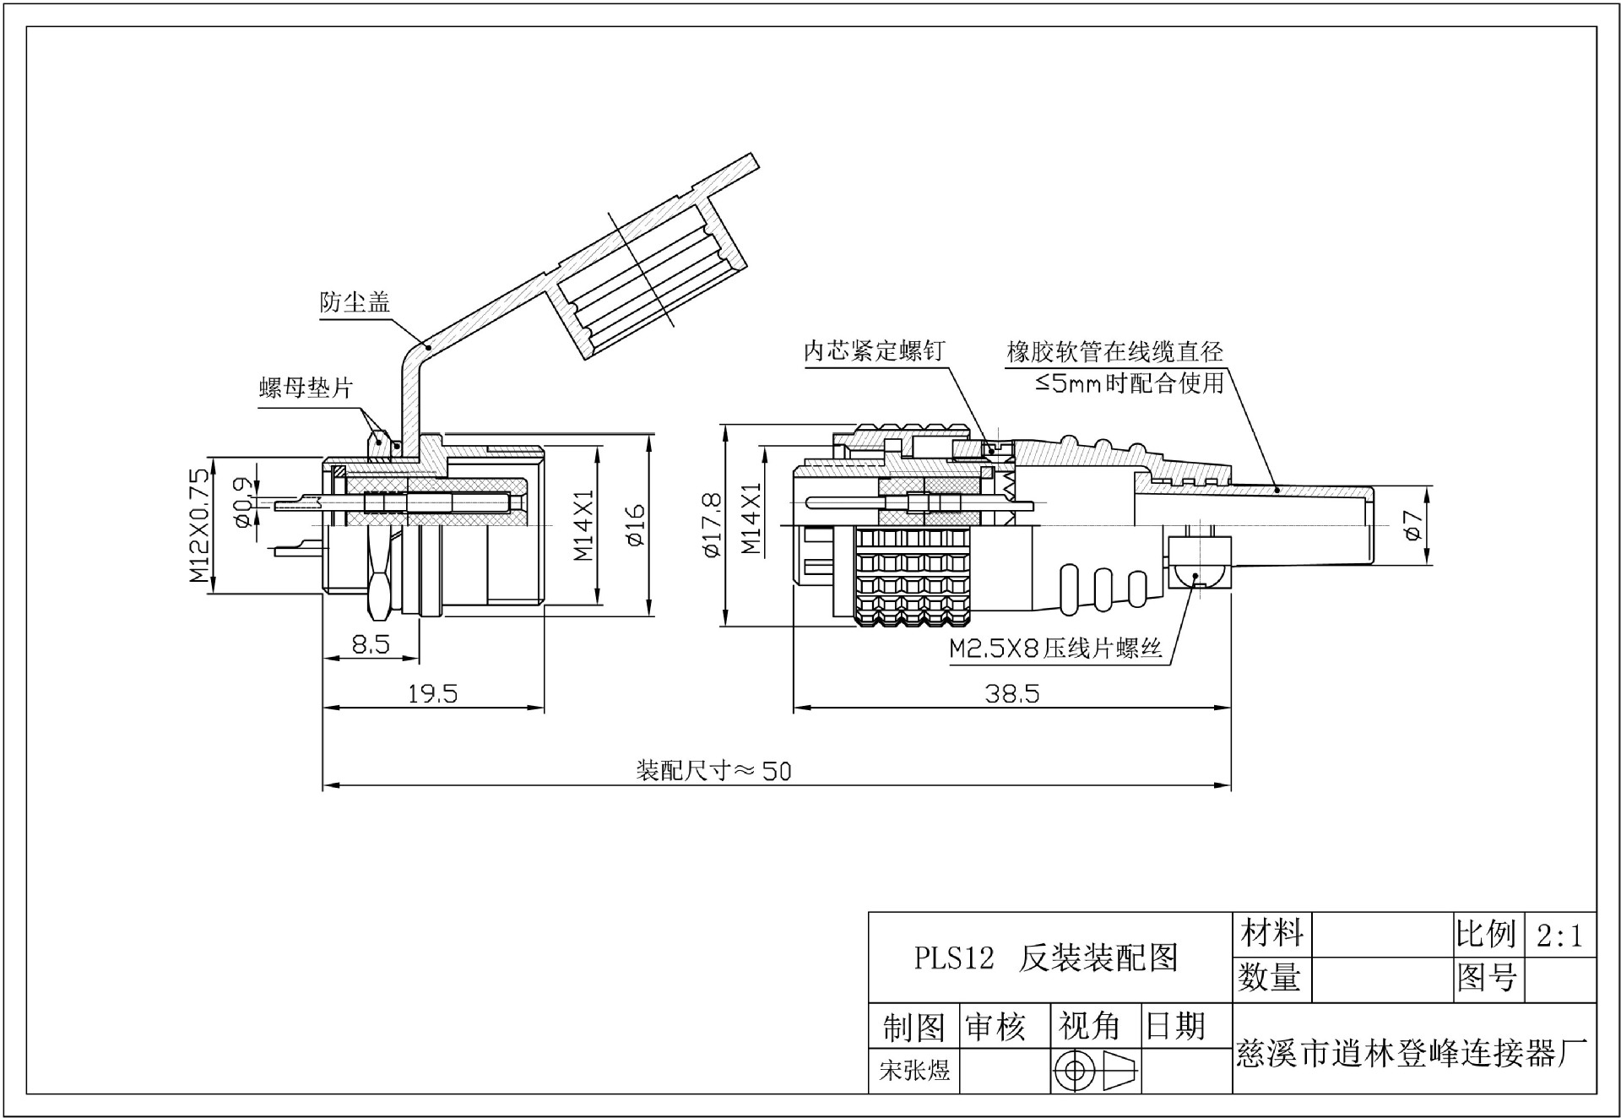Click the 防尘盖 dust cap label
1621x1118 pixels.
[x=355, y=302]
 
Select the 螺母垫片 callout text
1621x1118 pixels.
[x=306, y=388]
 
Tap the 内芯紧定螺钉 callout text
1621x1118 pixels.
[x=873, y=351]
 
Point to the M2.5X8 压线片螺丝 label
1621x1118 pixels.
[x=1055, y=649]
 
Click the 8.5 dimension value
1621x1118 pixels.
[x=371, y=645]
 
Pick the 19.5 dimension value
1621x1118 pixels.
[x=432, y=694]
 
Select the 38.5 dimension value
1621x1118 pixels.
[x=1012, y=694]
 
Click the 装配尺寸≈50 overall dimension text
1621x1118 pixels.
[x=713, y=771]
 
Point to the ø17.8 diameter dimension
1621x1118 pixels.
[x=712, y=525]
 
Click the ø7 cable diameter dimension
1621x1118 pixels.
[x=1412, y=525]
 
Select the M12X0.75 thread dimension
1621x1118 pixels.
[x=199, y=525]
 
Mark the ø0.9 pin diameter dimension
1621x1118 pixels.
[x=241, y=503]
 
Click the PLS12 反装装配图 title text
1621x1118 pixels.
[x=1046, y=958]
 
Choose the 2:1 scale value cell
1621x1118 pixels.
[x=1560, y=936]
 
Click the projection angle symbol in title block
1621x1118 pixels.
[x=1095, y=1071]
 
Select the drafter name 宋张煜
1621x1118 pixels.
[x=914, y=1071]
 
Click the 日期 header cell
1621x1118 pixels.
[x=1174, y=1026]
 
